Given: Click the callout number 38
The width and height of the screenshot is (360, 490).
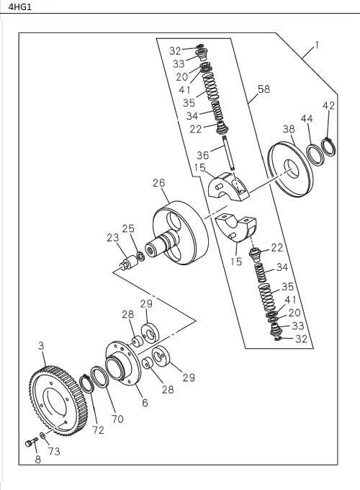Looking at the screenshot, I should coord(288,129).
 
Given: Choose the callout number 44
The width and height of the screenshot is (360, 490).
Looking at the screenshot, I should coord(307,118).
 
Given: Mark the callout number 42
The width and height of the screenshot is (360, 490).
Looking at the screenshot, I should coord(328,106).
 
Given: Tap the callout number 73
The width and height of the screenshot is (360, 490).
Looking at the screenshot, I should coord(54,451).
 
